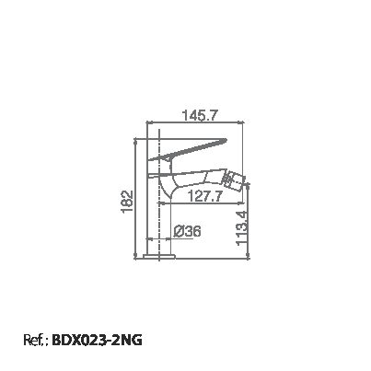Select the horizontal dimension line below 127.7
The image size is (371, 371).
(198, 204)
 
